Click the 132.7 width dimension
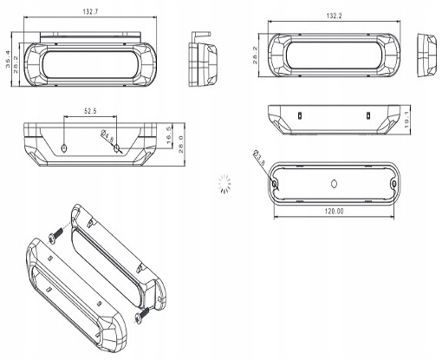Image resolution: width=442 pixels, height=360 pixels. click(x=90, y=11)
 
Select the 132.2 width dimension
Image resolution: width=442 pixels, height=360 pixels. click(x=335, y=16)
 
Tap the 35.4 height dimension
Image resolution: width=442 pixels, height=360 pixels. click(x=8, y=59)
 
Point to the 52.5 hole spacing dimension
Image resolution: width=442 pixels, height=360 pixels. click(x=90, y=111)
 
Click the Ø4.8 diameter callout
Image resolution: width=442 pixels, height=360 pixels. click(x=107, y=135)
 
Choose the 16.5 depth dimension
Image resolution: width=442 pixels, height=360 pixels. click(x=169, y=135)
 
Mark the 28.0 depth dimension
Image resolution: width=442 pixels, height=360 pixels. click(x=181, y=145)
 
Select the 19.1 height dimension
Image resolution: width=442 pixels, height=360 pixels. click(x=406, y=120)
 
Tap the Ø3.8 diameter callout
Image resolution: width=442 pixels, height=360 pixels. click(x=259, y=157)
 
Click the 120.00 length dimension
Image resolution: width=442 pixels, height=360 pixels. click(x=335, y=212)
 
